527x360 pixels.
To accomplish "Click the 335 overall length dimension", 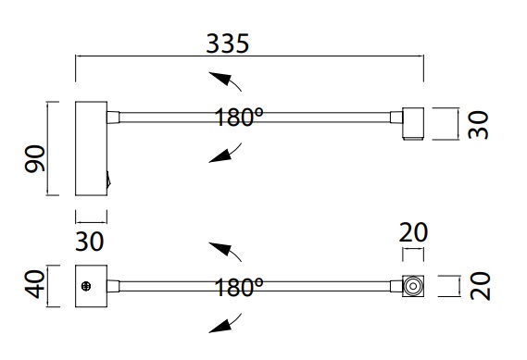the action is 228,43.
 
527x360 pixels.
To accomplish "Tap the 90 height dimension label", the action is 34,158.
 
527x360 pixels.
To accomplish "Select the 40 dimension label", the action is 34,284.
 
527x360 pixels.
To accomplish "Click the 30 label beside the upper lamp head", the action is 478,125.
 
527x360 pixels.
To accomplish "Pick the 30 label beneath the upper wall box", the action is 90,242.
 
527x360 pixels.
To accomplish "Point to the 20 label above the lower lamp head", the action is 413,232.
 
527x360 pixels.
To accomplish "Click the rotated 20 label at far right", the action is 481,286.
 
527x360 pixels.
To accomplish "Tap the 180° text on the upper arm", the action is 239,117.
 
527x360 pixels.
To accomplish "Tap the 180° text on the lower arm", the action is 239,287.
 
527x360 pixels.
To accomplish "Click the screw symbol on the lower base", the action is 86,286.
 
